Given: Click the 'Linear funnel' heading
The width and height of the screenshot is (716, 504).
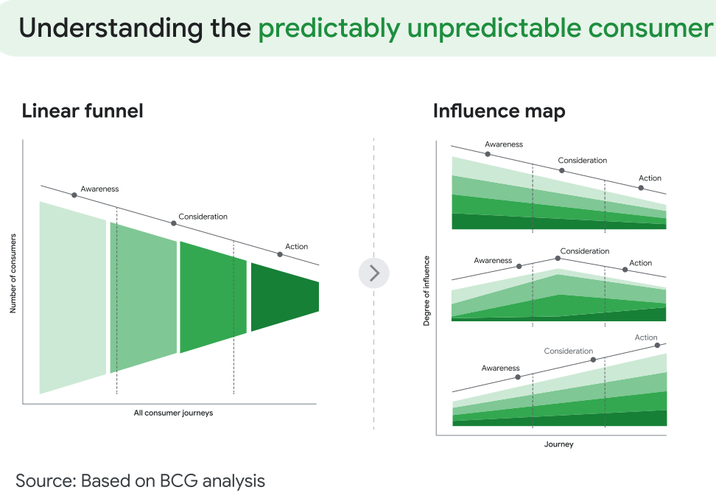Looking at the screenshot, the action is click(x=83, y=111).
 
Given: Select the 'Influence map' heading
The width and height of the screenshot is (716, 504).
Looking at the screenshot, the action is click(x=499, y=111).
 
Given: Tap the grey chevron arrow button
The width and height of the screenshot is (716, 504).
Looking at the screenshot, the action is click(x=374, y=273).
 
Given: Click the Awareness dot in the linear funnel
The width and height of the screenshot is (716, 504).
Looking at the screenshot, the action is click(x=74, y=195).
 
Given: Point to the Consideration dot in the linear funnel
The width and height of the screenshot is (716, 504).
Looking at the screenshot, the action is click(x=174, y=223).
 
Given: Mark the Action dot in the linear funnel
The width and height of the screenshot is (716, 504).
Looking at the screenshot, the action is click(x=280, y=254).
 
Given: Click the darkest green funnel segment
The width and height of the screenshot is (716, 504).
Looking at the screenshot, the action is click(x=285, y=297).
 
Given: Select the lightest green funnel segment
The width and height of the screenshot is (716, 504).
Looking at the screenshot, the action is click(x=73, y=298).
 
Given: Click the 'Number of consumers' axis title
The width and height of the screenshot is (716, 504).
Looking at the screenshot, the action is click(x=13, y=273).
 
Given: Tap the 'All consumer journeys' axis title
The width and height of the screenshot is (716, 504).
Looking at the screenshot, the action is click(x=174, y=413).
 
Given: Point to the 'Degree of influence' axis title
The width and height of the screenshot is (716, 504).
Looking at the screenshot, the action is click(x=427, y=290).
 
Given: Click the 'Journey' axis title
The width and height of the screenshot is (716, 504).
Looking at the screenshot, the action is click(x=558, y=444).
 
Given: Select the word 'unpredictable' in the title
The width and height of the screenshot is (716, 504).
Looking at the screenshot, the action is click(x=494, y=28).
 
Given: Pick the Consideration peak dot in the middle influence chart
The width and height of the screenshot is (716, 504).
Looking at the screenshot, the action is click(x=558, y=259).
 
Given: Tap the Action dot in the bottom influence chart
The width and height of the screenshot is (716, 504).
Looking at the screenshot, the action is click(x=657, y=345).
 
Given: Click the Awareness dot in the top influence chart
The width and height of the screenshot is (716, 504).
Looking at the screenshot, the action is click(x=488, y=155).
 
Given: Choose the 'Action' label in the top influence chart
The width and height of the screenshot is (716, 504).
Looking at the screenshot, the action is click(x=650, y=178).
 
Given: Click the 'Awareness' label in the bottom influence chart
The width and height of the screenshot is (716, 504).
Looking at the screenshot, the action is click(x=500, y=368).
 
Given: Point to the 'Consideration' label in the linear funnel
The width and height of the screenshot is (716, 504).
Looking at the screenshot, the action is click(x=203, y=217).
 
